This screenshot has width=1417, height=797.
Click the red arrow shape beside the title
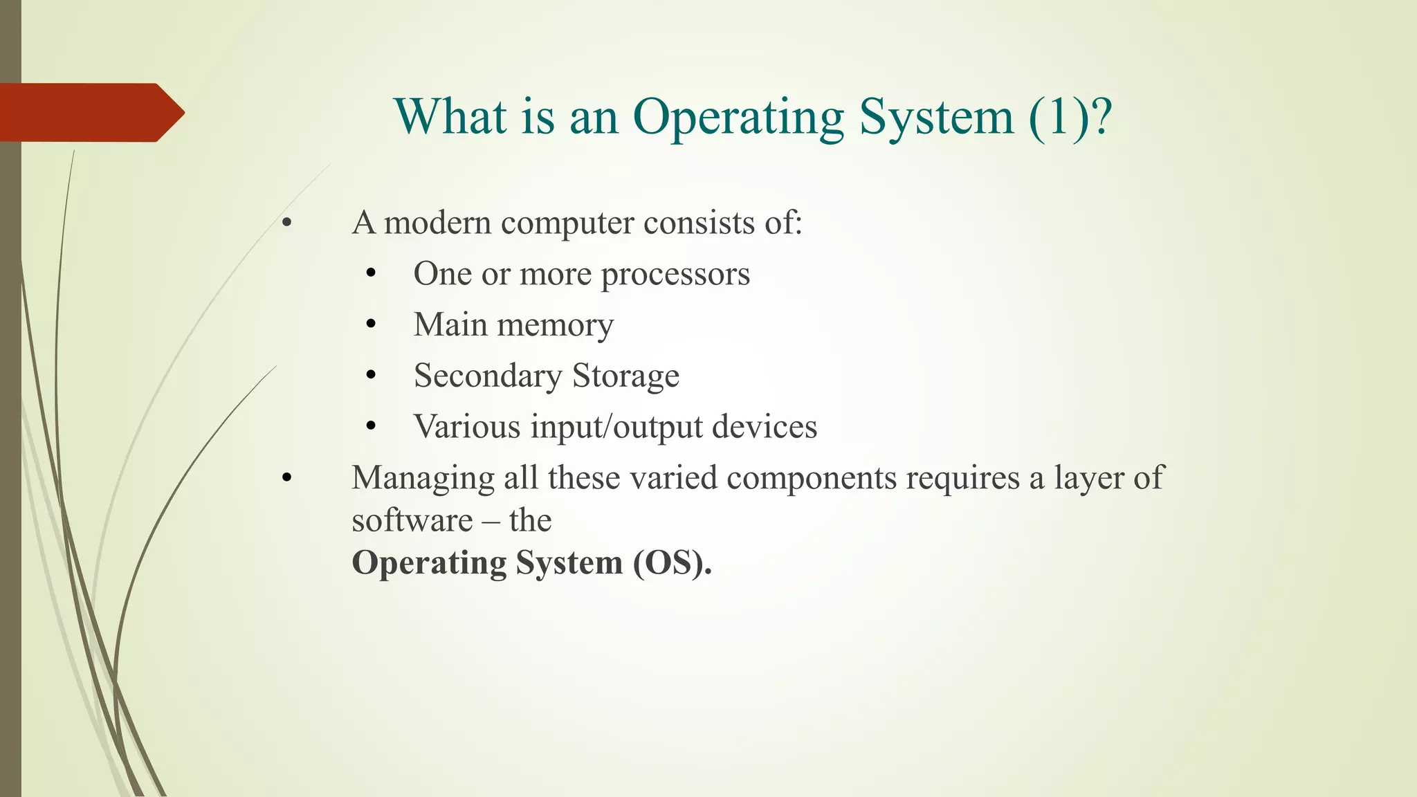90,113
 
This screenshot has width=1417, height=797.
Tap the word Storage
625,376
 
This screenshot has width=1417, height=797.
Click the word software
412,520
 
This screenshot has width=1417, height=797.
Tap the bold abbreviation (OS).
672,562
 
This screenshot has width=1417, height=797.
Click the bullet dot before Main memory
372,324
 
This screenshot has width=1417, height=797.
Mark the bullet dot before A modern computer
287,223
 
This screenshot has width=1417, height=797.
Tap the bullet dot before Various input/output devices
372,427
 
